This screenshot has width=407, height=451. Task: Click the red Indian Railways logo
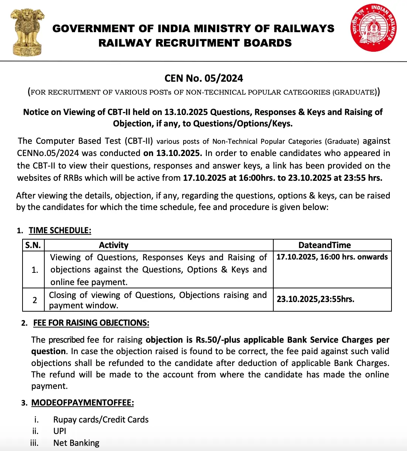click(374, 28)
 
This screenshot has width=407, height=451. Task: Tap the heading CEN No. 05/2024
click(203, 78)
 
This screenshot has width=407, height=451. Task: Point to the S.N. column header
click(33, 245)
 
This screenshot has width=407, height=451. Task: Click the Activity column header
click(114, 245)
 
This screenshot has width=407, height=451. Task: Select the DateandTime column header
click(325, 245)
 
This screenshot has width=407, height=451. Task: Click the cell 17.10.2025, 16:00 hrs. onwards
click(332, 257)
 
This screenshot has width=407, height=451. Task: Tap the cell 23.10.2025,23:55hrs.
click(315, 299)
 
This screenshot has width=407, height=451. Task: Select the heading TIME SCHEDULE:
click(60, 231)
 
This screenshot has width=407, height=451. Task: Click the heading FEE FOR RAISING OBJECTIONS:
click(91, 323)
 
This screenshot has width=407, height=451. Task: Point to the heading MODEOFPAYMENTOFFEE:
click(82, 403)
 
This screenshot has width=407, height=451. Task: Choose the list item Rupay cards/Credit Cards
click(101, 420)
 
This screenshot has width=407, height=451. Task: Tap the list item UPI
click(60, 431)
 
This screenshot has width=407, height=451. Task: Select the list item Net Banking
click(76, 443)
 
